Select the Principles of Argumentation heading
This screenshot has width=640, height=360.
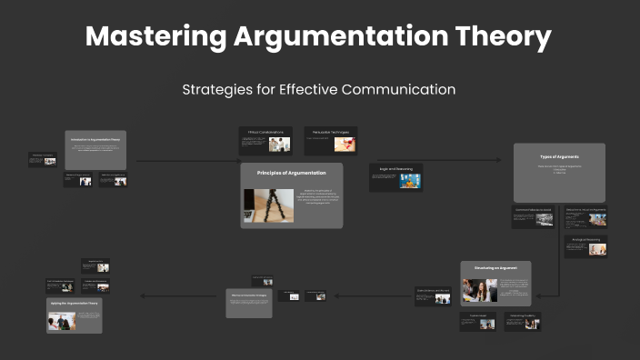(291, 172)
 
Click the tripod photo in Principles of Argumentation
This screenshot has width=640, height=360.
(269, 204)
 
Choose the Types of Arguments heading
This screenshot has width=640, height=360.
(559, 157)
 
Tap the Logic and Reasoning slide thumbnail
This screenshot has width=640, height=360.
(395, 177)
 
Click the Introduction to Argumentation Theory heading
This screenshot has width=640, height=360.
(95, 139)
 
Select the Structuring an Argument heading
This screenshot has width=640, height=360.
(495, 268)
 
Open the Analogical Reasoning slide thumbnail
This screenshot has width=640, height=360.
(585, 245)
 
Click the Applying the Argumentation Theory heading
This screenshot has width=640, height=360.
(74, 302)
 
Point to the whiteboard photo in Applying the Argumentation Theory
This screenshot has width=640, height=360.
(62, 320)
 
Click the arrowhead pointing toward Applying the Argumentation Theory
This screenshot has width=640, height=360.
(141, 295)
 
